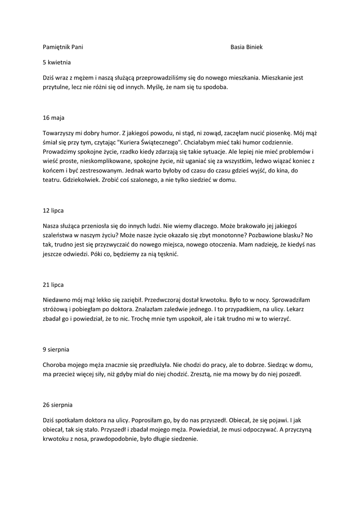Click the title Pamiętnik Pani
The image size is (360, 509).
(63, 47)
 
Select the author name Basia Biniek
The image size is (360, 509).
(246, 47)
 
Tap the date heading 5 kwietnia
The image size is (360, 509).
(57, 63)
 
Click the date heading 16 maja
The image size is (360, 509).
(53, 118)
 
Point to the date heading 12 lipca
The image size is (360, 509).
(53, 210)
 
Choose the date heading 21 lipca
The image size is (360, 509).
(53, 284)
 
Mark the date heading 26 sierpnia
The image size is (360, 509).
(58, 405)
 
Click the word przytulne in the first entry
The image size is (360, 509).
(56, 87)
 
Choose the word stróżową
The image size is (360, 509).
(55, 309)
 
